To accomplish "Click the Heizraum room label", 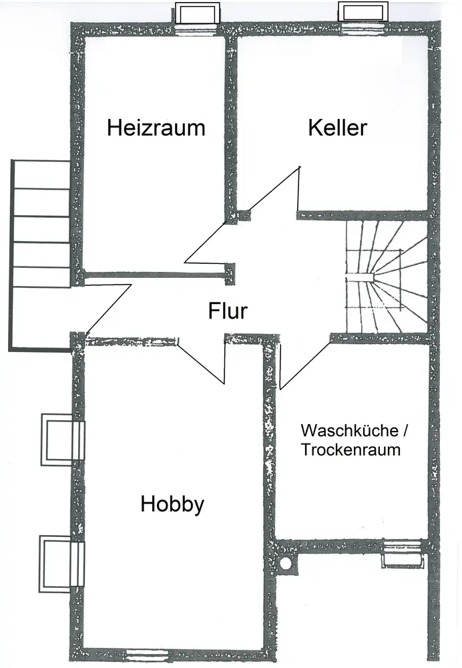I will click(156, 128).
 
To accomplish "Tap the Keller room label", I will click(337, 128).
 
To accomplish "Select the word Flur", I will click(228, 311).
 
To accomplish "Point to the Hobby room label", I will click(172, 504).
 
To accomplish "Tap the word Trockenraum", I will click(350, 450).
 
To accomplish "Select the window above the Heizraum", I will click(197, 13).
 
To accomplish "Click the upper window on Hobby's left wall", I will click(63, 440).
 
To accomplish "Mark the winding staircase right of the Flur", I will click(386, 275).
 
